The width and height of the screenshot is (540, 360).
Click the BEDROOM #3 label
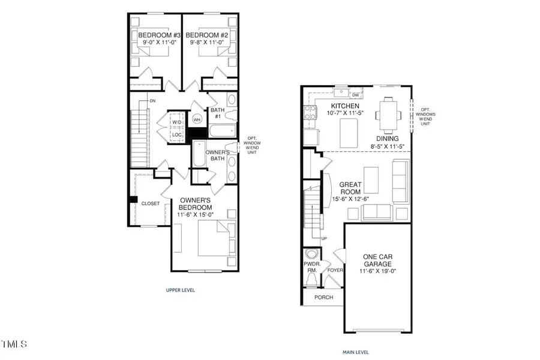click(155, 35)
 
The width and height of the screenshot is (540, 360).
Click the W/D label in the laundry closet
click(176, 122)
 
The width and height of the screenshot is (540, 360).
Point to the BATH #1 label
click(217, 113)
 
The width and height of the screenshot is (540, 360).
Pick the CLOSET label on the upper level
click(151, 203)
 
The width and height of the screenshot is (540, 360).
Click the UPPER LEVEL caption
click(180, 290)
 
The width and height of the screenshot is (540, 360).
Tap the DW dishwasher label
click(356, 95)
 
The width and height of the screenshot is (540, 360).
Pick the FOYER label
click(334, 270)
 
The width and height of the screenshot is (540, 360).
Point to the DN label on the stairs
click(153, 101)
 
